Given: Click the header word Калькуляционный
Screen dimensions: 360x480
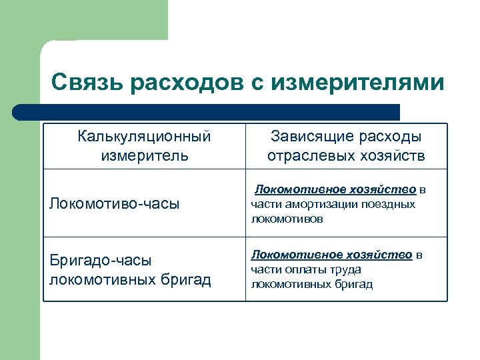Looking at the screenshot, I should (145, 137).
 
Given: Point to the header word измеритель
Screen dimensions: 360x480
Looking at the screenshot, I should (145, 156).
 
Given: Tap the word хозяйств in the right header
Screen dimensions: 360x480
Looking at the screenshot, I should (391, 156).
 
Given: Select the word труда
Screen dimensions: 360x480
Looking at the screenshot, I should (346, 269).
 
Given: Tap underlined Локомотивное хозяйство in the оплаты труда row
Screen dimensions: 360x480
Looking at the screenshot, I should (331, 255).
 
